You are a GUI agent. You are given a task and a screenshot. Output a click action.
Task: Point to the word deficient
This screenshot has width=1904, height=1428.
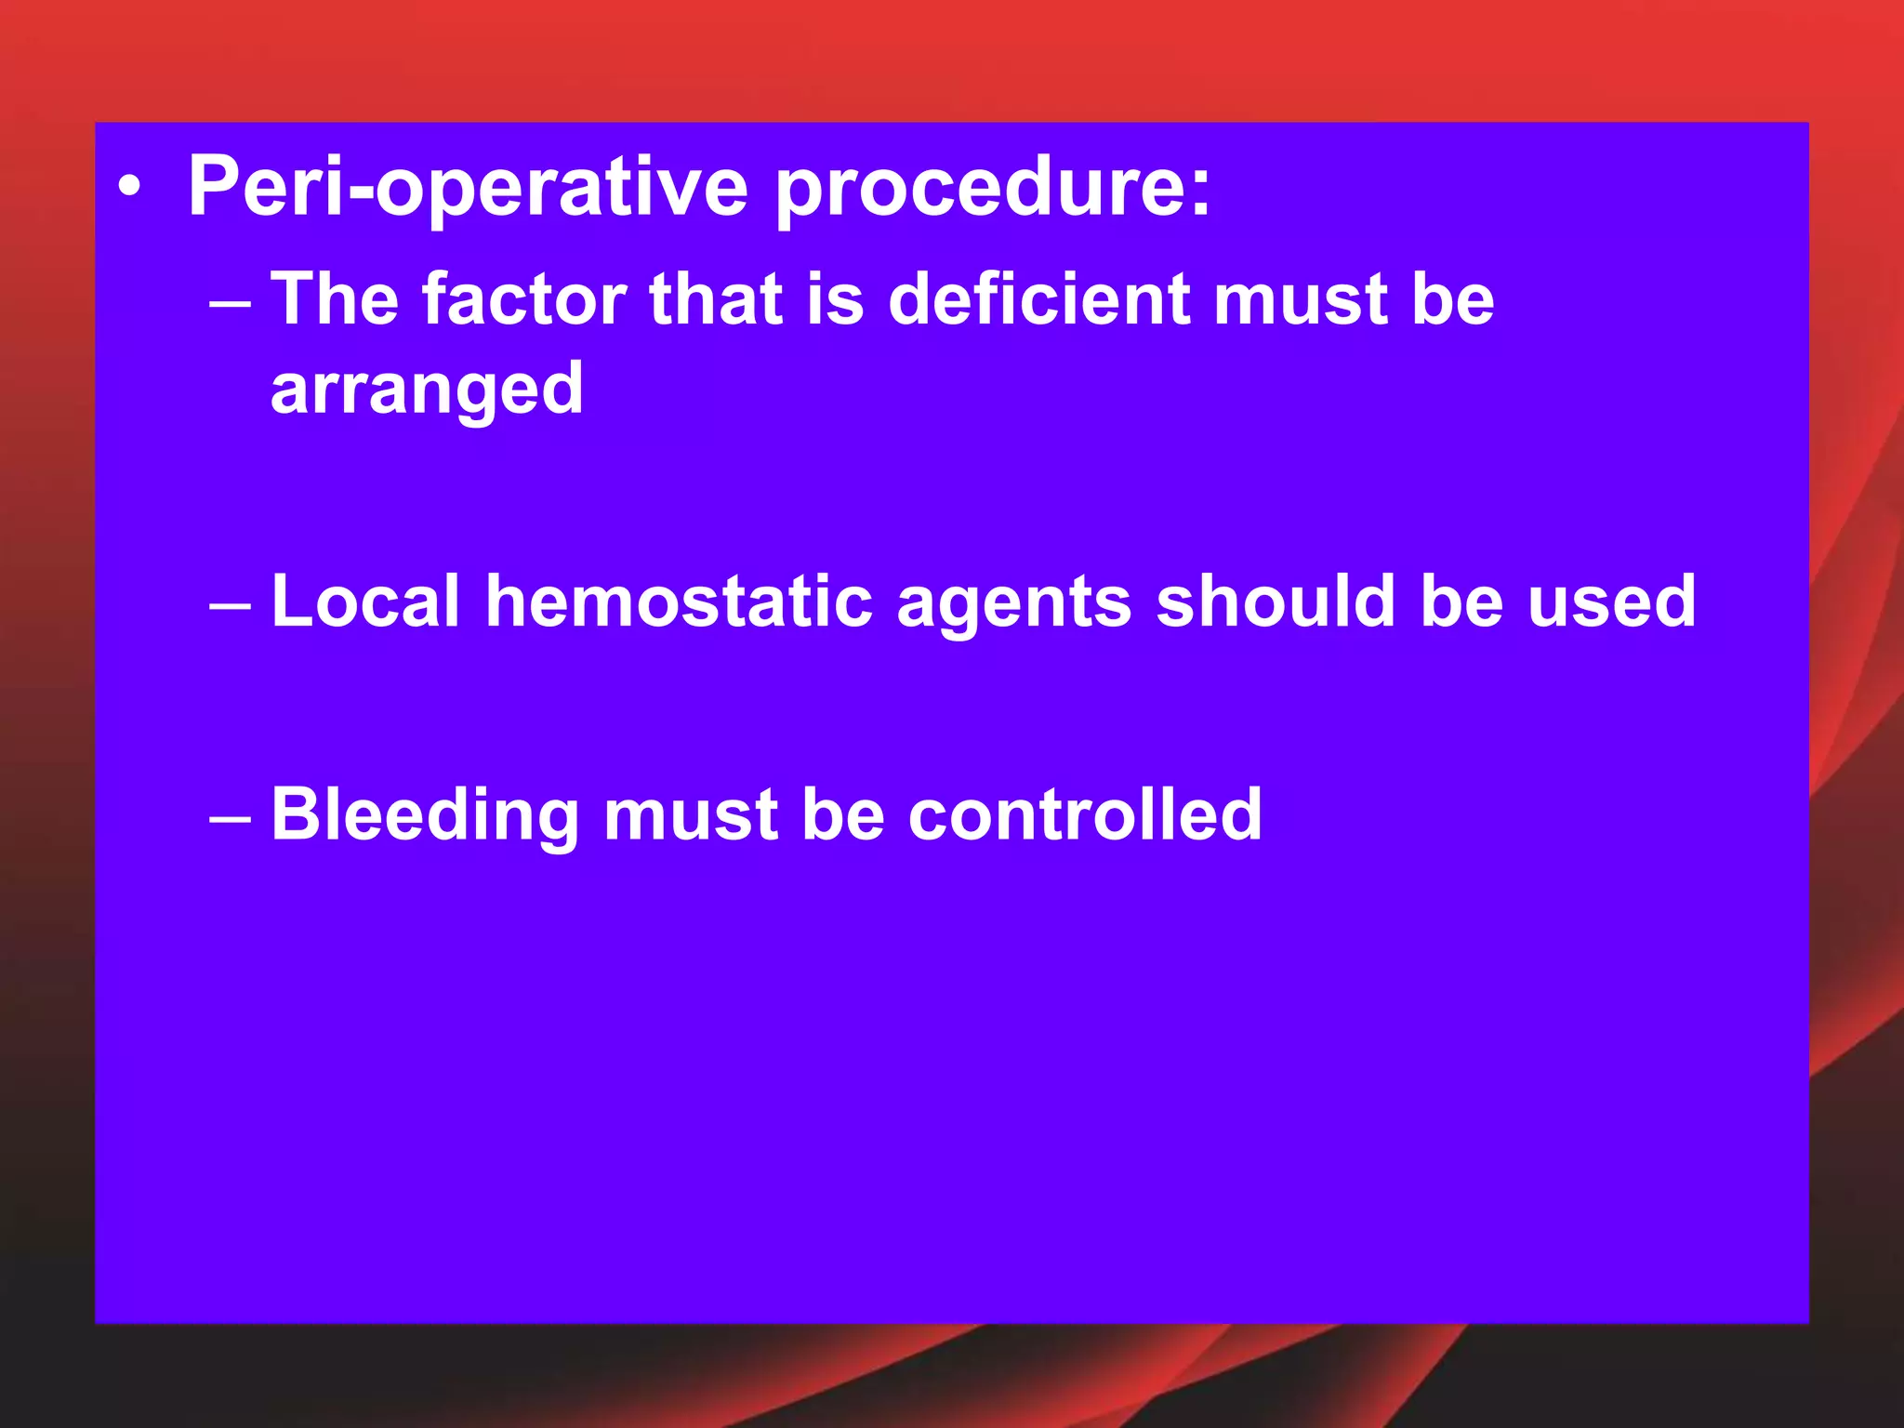1038,299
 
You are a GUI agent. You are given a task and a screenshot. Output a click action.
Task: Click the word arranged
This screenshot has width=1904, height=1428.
427,390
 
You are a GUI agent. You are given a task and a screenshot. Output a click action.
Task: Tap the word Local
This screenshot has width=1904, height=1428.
365,602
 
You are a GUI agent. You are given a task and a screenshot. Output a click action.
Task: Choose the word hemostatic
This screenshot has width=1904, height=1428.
679,602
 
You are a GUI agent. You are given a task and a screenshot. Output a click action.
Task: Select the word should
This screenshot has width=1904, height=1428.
1276,602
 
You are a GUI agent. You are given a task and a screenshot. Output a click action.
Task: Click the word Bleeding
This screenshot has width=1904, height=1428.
425,815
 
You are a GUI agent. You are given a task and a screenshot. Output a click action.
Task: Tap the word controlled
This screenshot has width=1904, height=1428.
1084,815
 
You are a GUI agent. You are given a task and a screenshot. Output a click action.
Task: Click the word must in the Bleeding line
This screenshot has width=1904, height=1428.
691,815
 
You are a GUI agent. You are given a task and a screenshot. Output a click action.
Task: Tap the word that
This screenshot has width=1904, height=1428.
716,299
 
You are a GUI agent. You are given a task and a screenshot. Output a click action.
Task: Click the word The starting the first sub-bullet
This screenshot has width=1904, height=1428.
334,299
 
